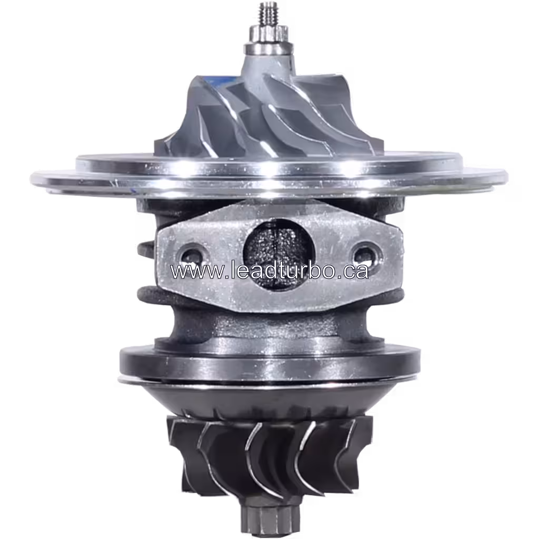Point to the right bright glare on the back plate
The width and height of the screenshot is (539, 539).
[x=352, y=169]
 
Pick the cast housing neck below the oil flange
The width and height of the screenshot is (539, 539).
[x=268, y=324]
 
